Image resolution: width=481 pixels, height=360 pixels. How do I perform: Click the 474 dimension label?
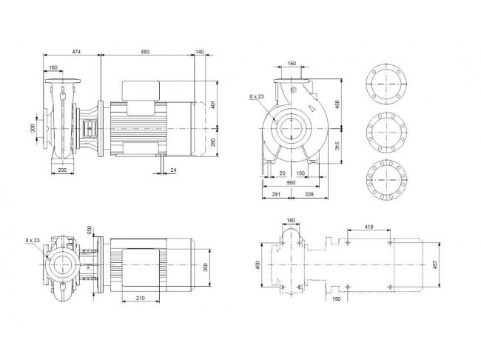click(76, 52)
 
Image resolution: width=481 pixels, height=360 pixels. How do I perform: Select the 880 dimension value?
click(145, 52)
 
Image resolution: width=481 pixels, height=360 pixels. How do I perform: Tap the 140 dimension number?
click(199, 52)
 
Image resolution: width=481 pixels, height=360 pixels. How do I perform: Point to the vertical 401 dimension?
click(214, 104)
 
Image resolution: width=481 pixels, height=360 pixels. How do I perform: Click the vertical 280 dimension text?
click(214, 142)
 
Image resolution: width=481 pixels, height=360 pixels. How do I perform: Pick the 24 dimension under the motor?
click(174, 170)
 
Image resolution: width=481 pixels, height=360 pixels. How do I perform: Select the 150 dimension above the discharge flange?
click(292, 63)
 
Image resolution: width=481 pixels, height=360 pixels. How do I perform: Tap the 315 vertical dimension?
click(337, 146)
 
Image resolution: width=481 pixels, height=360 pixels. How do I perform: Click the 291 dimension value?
click(276, 194)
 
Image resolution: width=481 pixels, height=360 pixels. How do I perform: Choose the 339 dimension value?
click(309, 194)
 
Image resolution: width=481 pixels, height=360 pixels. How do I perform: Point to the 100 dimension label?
click(300, 173)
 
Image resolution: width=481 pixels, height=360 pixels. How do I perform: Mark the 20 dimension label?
click(282, 173)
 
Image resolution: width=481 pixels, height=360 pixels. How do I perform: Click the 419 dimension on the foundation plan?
click(369, 227)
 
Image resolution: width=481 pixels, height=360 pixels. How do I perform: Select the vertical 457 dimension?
click(435, 264)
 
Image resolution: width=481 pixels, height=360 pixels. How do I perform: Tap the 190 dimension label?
click(336, 299)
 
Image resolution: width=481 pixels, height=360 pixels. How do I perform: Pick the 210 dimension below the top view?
click(141, 298)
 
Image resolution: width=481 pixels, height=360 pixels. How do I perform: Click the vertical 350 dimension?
click(206, 267)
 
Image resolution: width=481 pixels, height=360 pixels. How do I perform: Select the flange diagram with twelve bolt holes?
click(387, 180)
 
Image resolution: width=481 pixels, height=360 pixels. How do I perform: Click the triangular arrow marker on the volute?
click(312, 108)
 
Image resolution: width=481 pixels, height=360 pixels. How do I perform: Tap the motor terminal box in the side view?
click(141, 91)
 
